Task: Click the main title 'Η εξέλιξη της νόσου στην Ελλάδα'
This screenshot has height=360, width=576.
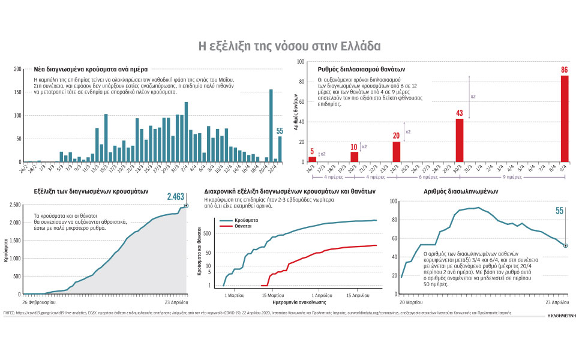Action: point(289,46)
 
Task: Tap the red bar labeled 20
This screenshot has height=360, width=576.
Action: point(396,151)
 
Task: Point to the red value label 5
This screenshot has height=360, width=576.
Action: point(312,152)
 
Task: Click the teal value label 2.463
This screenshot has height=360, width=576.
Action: point(178,196)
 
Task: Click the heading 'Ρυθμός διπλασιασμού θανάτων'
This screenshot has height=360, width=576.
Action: point(361,69)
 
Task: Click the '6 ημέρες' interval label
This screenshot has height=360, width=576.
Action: point(428,178)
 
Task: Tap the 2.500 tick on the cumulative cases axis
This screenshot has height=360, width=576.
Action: point(14,205)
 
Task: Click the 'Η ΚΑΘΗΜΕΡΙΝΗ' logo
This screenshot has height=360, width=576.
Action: point(558,314)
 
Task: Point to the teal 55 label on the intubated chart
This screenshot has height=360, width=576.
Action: point(559,211)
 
